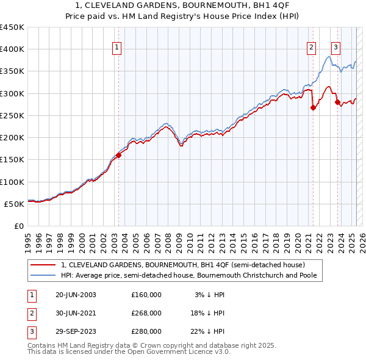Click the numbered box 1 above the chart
point(117,49)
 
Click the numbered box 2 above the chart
point(312,49)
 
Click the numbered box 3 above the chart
point(335,49)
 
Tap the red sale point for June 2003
point(118,155)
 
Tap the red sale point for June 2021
point(313,107)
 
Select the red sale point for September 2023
point(337,103)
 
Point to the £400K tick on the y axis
point(13,49)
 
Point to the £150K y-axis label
point(13,159)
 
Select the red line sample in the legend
point(44,265)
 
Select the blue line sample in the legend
point(44,275)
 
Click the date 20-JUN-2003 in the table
point(76,295)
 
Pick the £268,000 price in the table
point(146,313)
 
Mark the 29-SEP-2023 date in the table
point(76,331)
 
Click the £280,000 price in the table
point(146,331)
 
